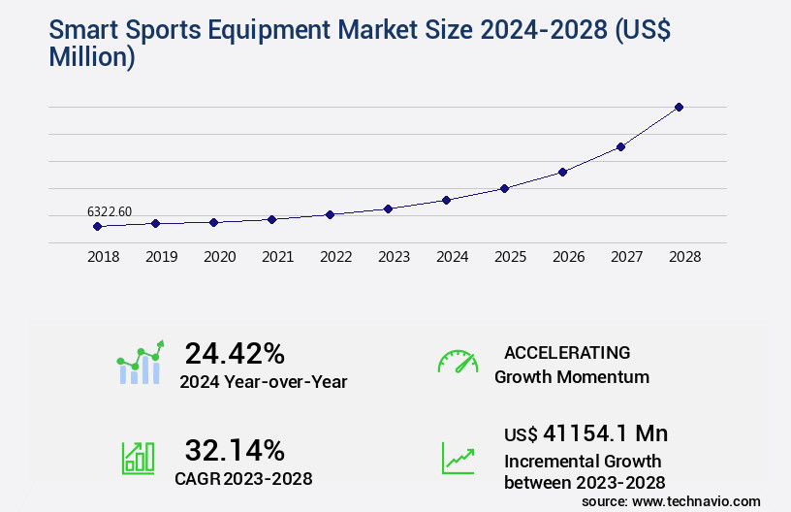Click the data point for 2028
[x=679, y=107]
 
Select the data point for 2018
[x=97, y=226]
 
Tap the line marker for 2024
[x=446, y=200]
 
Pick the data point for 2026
[x=562, y=172]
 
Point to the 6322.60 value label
[x=110, y=211]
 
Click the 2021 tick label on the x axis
[x=277, y=257]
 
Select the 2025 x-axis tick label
[x=510, y=257]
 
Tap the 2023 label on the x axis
[x=394, y=257]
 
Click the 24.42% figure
[x=235, y=353]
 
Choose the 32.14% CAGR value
[x=235, y=450]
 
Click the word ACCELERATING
[x=567, y=353]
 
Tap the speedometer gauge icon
[x=458, y=362]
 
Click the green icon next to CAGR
[x=138, y=458]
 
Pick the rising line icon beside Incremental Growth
[x=458, y=458]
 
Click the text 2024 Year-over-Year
[x=263, y=382]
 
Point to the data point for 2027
[x=620, y=146]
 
